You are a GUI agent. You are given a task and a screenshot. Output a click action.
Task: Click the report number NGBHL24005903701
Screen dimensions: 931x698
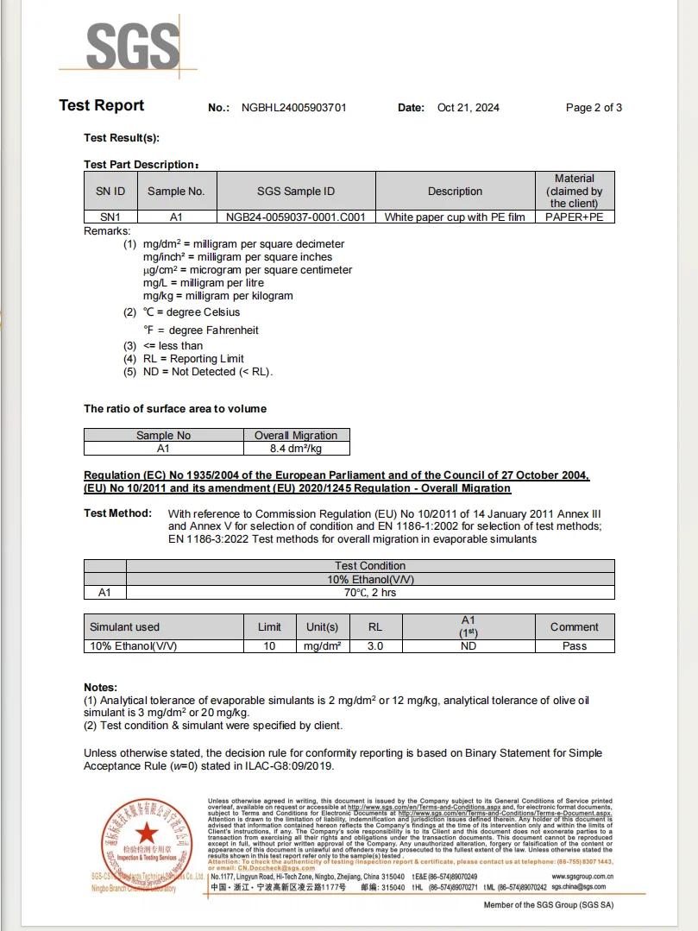click(x=293, y=108)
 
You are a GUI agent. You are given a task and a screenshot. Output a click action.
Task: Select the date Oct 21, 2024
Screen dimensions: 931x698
click(x=468, y=108)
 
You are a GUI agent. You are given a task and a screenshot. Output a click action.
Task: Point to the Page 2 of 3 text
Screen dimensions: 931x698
click(x=594, y=108)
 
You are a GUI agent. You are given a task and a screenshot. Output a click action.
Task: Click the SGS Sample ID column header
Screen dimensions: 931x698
click(x=296, y=192)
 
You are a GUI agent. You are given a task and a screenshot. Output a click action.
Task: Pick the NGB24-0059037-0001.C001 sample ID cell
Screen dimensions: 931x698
click(x=296, y=217)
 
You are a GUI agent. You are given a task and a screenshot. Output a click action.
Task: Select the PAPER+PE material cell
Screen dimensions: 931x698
click(x=575, y=217)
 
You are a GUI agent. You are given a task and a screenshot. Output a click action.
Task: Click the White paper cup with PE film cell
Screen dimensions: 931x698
click(x=455, y=217)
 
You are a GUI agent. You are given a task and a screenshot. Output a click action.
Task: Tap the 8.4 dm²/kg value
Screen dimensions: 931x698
click(x=296, y=449)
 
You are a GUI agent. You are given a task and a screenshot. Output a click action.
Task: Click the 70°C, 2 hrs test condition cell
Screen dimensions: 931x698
click(x=370, y=593)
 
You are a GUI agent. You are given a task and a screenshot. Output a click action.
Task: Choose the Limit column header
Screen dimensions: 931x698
click(x=269, y=627)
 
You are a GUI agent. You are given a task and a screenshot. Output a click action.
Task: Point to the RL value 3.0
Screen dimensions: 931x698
click(x=375, y=645)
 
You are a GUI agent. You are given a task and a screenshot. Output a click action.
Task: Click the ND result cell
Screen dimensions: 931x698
click(x=468, y=645)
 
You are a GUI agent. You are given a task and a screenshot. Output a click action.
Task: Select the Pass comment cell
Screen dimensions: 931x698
click(x=575, y=645)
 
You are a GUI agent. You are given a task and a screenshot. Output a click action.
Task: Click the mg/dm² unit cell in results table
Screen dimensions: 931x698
click(x=323, y=645)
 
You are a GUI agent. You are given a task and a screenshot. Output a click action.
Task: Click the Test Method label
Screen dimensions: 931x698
click(x=117, y=513)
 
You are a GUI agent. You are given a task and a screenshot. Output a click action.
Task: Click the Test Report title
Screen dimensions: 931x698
click(x=102, y=105)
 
